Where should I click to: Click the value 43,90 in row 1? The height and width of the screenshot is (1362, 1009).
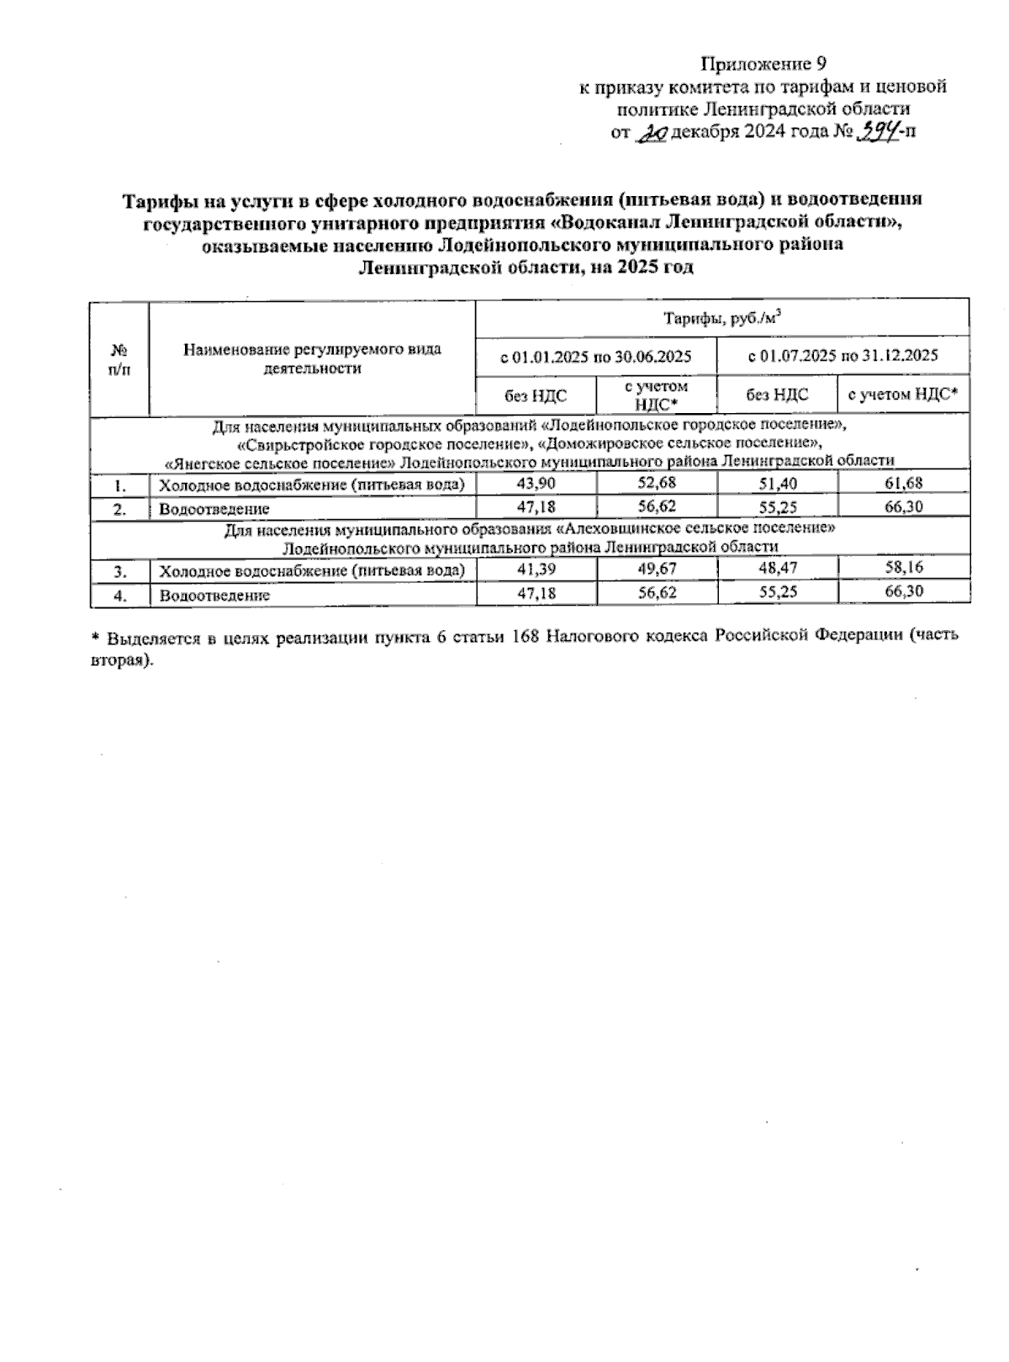click(x=536, y=484)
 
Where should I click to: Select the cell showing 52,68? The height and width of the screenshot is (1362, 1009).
click(x=657, y=483)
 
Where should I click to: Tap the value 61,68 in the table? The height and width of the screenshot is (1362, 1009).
click(x=904, y=483)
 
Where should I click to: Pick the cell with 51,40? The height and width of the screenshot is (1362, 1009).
click(x=777, y=484)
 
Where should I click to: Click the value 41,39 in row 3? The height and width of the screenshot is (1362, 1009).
click(x=536, y=570)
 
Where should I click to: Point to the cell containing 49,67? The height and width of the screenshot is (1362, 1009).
click(x=657, y=569)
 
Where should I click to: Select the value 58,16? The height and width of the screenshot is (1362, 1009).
click(x=904, y=569)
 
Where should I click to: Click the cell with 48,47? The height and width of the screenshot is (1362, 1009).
click(x=777, y=569)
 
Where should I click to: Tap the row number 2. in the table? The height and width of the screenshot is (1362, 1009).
click(x=120, y=509)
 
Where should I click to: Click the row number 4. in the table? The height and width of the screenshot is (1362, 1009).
click(x=120, y=595)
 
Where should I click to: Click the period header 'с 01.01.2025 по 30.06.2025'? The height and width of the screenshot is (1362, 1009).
click(x=596, y=356)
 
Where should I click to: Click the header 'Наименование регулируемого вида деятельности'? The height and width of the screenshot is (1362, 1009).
click(x=312, y=358)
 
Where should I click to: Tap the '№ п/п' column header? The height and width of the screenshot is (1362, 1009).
click(x=119, y=358)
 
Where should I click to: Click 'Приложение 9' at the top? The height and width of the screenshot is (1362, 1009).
click(x=764, y=64)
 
